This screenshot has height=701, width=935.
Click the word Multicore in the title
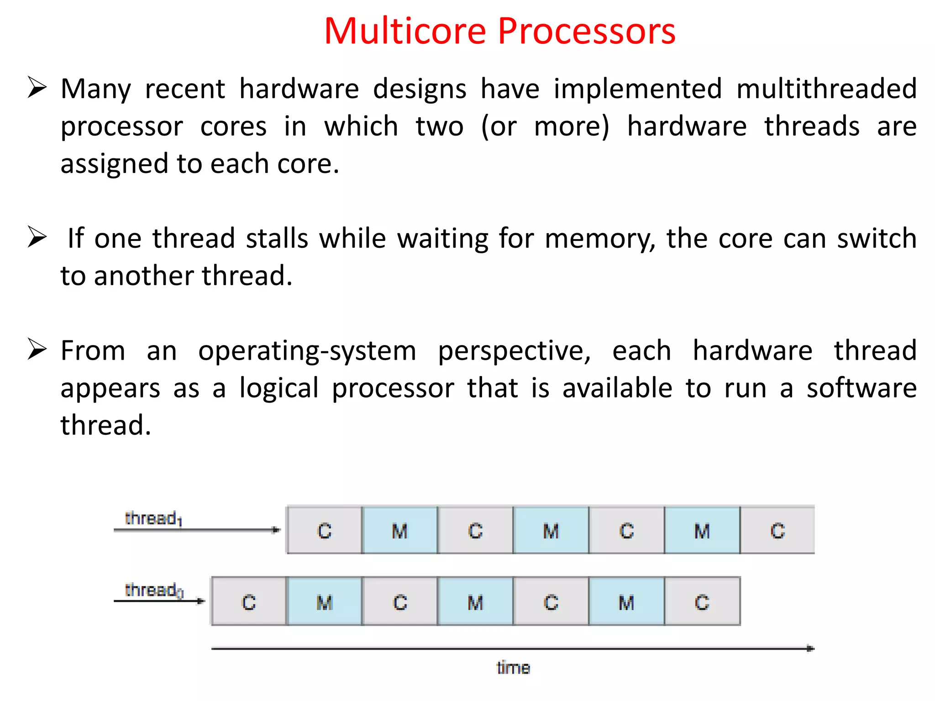[405, 31]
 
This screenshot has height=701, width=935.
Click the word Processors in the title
[586, 31]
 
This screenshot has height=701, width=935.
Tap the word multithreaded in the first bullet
[826, 89]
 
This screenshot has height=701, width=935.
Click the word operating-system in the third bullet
[307, 351]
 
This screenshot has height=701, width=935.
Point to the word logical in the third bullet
[279, 388]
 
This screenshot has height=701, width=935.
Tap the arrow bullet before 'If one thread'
[37, 236]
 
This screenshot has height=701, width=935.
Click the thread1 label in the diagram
[153, 518]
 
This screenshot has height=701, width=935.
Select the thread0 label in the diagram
[154, 590]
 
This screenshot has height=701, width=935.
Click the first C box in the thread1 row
[324, 531]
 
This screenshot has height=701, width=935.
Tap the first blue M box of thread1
[399, 531]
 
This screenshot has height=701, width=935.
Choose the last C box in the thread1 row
[777, 531]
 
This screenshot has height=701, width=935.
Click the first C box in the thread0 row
[249, 602]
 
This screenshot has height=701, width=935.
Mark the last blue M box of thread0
[626, 602]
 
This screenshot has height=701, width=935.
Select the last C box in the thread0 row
[702, 602]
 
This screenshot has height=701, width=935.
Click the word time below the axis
[513, 668]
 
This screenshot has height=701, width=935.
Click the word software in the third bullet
[861, 388]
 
